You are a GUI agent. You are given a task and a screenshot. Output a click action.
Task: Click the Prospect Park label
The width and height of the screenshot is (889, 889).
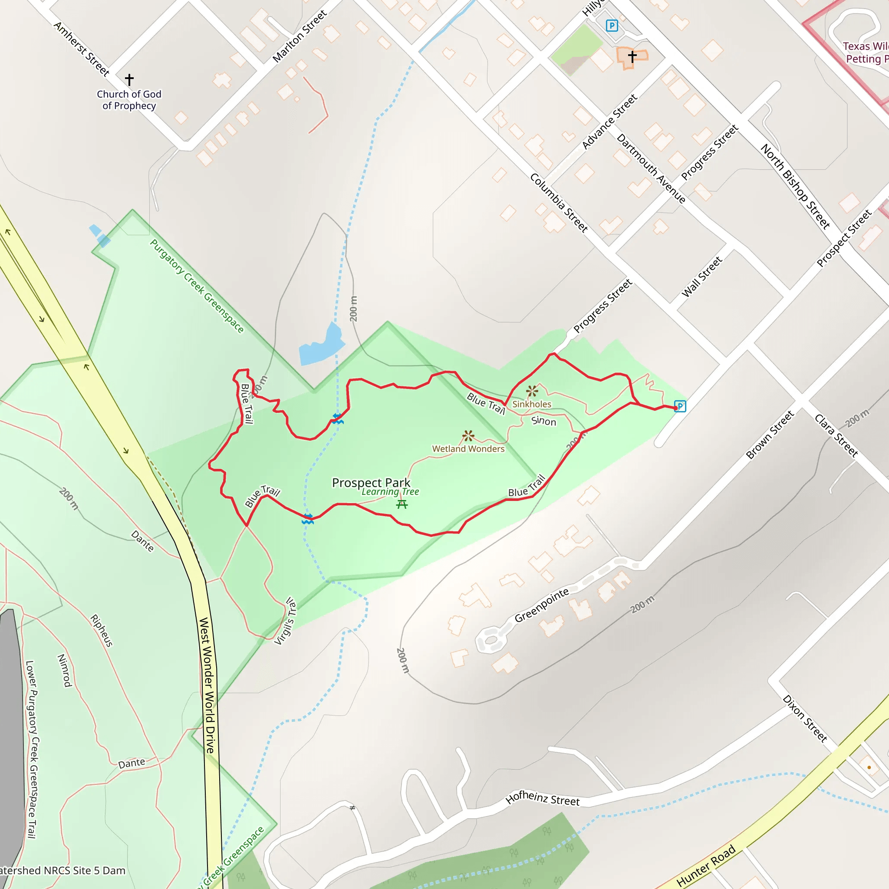(371, 483)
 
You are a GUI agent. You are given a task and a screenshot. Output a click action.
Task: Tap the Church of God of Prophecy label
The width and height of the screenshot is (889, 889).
(129, 100)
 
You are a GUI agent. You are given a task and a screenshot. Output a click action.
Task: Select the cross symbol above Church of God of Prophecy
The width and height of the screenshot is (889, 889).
(129, 79)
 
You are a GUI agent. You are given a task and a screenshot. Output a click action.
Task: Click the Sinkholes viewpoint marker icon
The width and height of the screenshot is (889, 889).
(532, 391)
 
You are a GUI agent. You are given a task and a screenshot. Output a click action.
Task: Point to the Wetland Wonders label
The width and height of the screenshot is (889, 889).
(468, 449)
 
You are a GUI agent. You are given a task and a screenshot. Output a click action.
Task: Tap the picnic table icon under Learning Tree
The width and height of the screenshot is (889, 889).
(402, 504)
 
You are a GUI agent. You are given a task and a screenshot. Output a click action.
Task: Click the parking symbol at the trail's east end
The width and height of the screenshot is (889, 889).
(680, 406)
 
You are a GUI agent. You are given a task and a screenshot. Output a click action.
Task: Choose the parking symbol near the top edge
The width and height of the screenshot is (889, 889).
(612, 26)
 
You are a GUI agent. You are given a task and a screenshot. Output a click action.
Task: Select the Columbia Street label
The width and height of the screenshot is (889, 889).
(559, 203)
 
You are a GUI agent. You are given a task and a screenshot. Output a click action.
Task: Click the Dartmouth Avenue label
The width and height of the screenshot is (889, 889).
(651, 168)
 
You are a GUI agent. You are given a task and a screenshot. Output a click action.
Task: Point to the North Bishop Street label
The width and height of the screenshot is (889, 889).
(795, 186)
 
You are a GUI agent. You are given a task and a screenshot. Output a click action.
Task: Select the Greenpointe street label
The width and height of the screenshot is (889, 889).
(542, 606)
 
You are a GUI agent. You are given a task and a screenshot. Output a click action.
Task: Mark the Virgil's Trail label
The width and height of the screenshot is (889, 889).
(285, 621)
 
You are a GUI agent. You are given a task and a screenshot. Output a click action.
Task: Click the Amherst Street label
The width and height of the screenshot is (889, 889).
(82, 49)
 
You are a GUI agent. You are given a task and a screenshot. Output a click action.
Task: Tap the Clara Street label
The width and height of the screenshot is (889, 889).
(836, 435)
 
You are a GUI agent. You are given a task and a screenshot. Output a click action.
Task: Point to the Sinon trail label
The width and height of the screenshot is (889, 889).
(543, 421)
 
